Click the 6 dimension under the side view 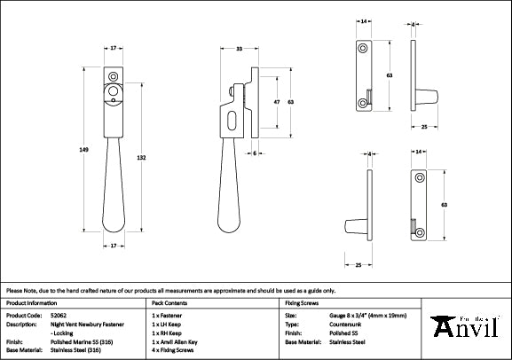[x=254, y=153]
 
